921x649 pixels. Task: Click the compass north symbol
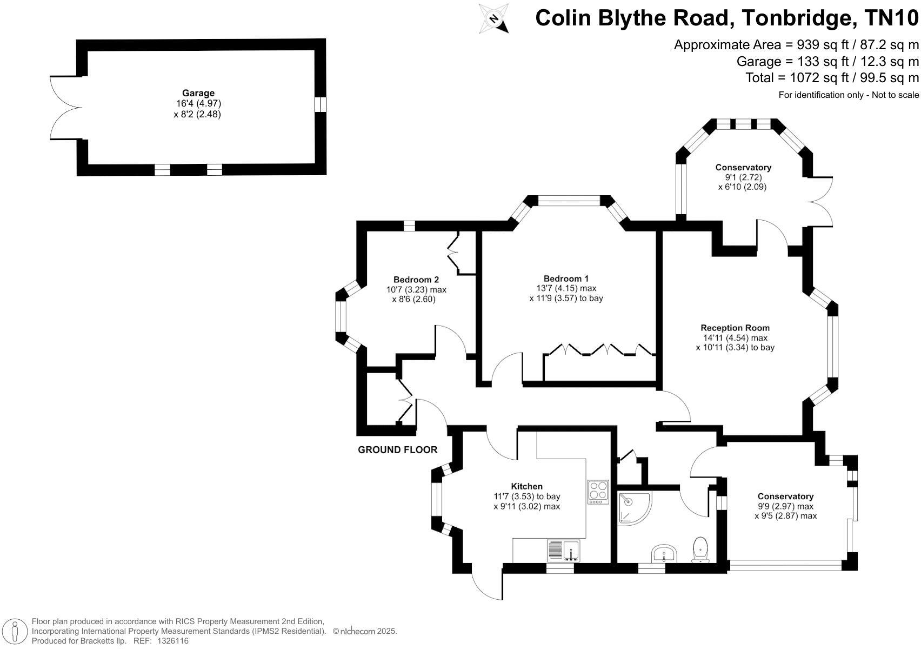494,19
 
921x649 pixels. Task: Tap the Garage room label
198,93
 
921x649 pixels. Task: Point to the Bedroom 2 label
416,280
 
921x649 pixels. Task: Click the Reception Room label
735,328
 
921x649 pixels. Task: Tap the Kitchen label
526,486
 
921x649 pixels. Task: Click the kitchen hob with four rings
598,492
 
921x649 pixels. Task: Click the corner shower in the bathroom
633,507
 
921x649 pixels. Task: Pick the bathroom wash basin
664,554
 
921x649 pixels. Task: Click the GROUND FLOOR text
397,450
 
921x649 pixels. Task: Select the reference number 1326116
172,641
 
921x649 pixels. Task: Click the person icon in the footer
15,631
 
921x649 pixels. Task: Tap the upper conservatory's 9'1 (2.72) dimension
742,177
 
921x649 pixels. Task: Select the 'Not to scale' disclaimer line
848,95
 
